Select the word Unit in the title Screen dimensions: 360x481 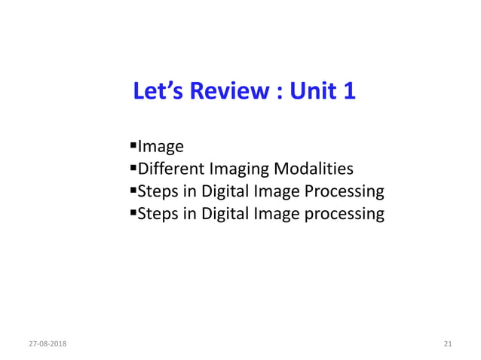pyautogui.click(x=308, y=92)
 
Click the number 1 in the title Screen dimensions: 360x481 pyautogui.click(x=348, y=92)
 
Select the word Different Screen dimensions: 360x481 pyautogui.click(x=171, y=169)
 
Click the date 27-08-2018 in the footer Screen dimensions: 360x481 pyautogui.click(x=47, y=344)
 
